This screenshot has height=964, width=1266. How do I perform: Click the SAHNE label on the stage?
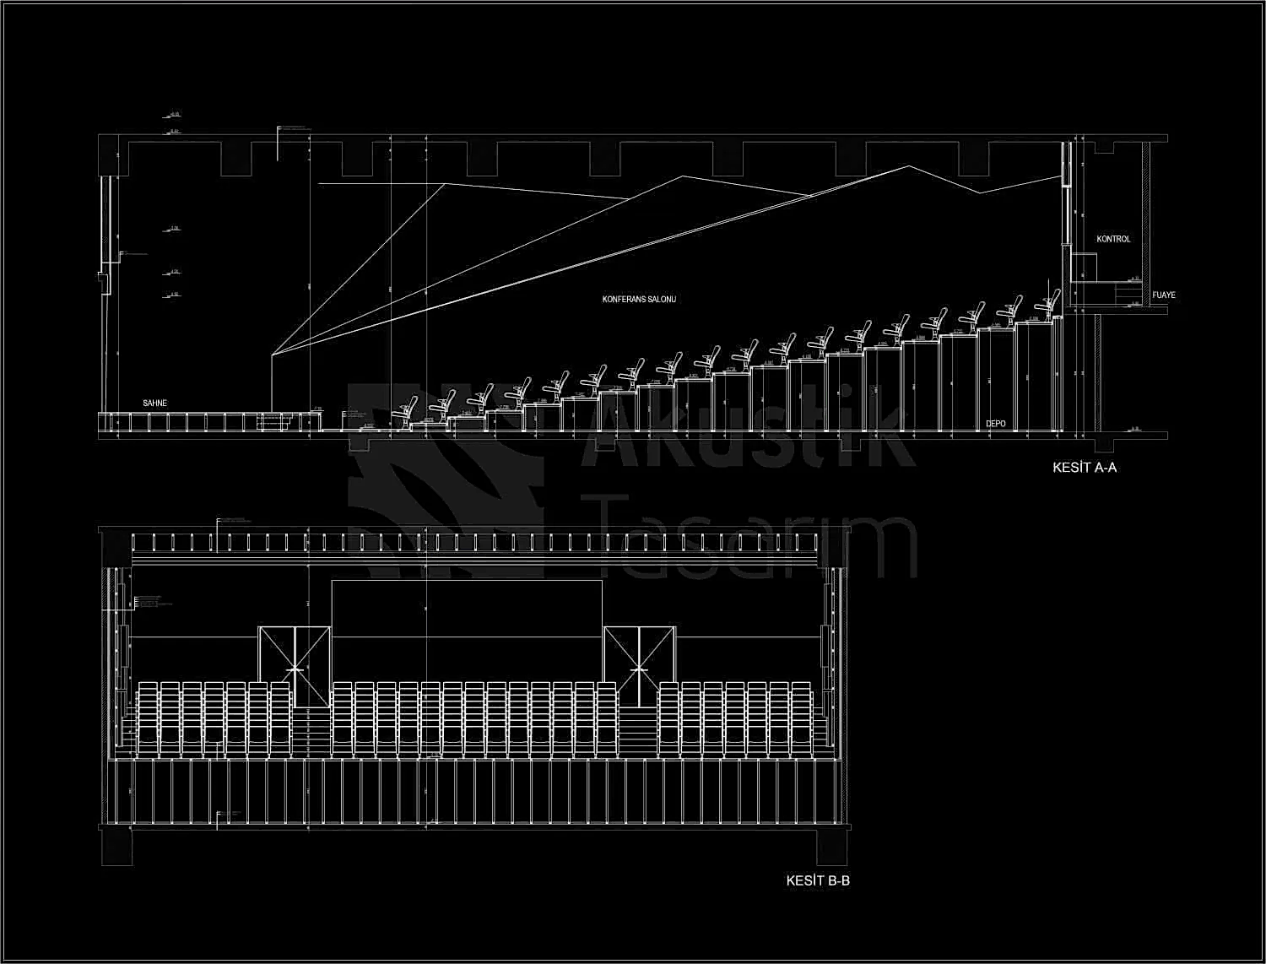[x=154, y=403]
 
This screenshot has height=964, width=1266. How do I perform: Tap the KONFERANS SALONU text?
[x=639, y=300]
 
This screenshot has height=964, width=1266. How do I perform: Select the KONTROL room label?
[x=1113, y=239]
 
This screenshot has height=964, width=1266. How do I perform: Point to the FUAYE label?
[x=1163, y=295]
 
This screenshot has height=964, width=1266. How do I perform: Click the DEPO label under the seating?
[x=996, y=424]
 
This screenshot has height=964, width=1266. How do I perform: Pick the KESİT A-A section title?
[x=1084, y=467]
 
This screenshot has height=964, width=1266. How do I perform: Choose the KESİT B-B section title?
[x=817, y=880]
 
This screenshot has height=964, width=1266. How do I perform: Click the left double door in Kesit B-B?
[x=294, y=667]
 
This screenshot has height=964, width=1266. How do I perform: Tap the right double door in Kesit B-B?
[x=640, y=667]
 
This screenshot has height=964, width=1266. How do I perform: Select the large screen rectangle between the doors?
[x=467, y=608]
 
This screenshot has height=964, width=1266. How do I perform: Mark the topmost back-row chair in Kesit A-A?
[x=1050, y=303]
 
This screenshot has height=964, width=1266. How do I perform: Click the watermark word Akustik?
[x=751, y=435]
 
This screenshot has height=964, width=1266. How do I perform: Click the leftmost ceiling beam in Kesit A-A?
[x=236, y=159]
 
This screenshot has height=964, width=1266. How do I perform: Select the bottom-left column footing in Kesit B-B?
[x=116, y=847]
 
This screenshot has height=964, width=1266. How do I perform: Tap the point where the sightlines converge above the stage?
[x=272, y=355]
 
